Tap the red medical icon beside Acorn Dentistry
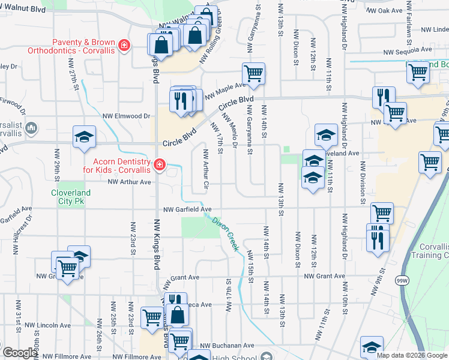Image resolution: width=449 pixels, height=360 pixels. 159,164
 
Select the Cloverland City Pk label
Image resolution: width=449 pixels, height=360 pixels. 71,197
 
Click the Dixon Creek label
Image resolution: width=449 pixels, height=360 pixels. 225,233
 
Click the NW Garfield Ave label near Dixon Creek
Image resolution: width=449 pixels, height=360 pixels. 188,209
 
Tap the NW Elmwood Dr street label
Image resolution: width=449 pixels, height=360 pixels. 125,116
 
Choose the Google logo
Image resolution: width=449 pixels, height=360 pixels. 20,353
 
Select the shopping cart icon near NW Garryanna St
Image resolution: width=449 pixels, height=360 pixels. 253,73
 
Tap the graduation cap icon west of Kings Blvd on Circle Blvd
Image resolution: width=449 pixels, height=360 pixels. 84,137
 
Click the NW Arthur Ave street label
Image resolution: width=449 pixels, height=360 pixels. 129,182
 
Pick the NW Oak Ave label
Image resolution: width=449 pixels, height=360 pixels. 385,11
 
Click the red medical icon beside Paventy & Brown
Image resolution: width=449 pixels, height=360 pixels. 124,46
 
